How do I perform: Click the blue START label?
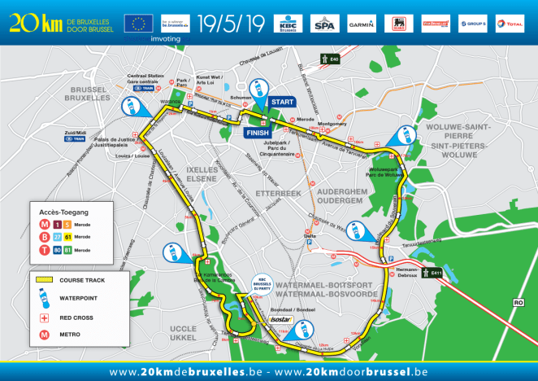pos(284,102)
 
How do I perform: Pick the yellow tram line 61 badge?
pos(68,237)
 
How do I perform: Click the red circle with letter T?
pos(43,250)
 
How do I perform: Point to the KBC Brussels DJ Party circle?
pos(262,282)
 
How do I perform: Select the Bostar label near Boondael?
pos(281,319)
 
